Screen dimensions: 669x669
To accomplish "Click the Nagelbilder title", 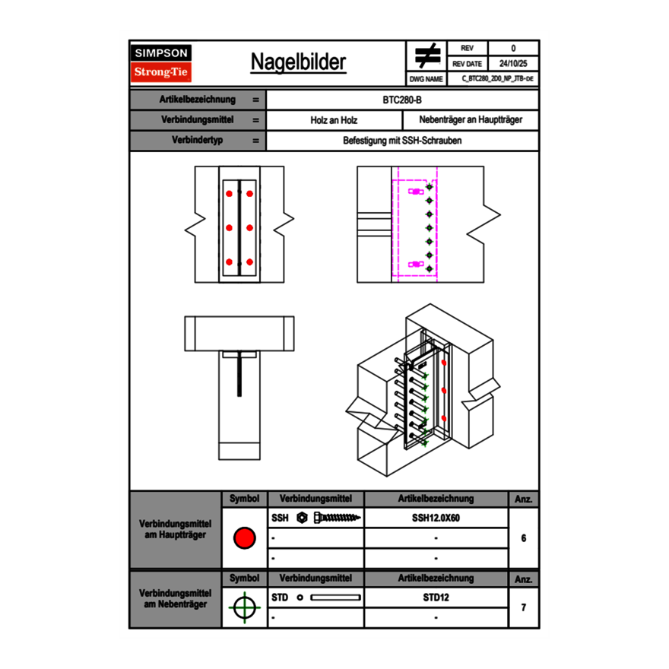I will click(x=298, y=62).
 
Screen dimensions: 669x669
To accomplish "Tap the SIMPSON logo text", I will click(x=161, y=53).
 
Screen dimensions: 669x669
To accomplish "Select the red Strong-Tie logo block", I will click(x=161, y=72).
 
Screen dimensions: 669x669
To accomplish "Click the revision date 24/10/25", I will click(x=512, y=64).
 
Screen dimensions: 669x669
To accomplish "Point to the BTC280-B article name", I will click(x=403, y=100).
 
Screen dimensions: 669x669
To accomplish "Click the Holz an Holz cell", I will click(x=334, y=120).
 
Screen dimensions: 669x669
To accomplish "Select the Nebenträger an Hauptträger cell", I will click(x=471, y=120).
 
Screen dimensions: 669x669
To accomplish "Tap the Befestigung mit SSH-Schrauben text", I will click(x=403, y=141).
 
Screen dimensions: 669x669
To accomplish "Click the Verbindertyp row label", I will click(x=198, y=141).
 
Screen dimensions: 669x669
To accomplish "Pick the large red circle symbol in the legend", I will click(x=244, y=538).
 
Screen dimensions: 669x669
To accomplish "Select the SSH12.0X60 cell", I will click(x=436, y=518).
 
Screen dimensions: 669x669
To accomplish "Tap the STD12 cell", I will click(x=436, y=598).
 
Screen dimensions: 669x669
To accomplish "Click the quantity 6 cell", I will click(x=524, y=538).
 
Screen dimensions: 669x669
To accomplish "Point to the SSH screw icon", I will click(x=328, y=518).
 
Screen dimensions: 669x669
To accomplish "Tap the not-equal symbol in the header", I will click(x=427, y=56).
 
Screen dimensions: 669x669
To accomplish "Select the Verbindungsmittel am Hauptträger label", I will click(x=176, y=530).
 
